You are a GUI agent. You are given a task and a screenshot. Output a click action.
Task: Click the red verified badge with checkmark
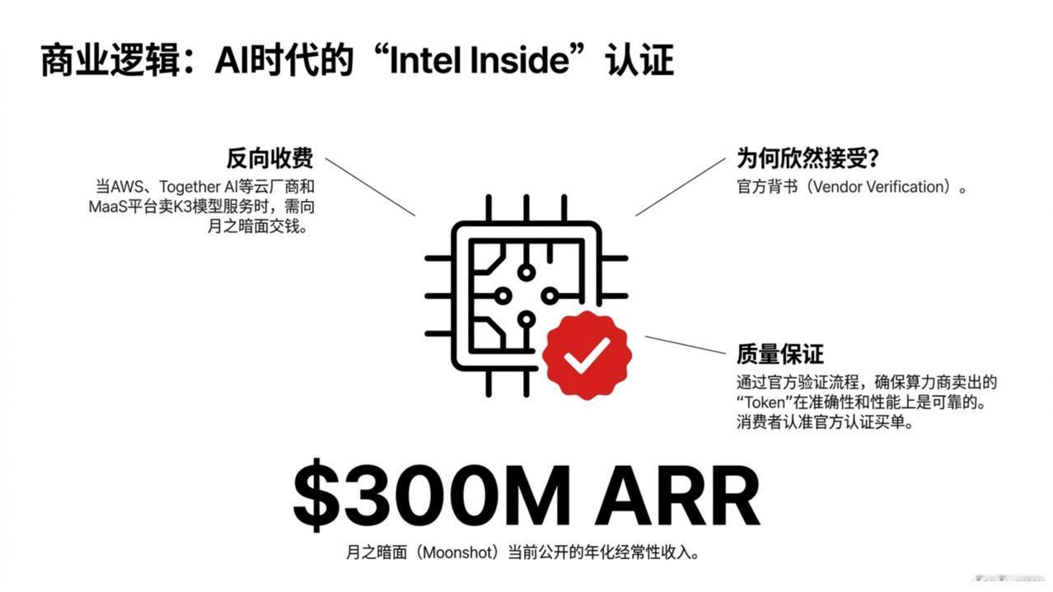587,355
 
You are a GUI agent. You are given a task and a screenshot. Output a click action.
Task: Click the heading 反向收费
269,158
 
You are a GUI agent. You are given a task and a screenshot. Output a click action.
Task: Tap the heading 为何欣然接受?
807,158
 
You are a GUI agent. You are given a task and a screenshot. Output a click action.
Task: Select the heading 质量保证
780,354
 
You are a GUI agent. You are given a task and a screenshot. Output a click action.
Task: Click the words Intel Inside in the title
480,60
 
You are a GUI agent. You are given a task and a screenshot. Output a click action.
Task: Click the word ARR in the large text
677,496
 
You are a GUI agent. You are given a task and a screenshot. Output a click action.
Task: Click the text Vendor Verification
878,187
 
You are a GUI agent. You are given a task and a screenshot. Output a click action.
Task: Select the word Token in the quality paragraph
764,403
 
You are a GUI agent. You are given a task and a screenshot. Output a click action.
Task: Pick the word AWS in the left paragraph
126,187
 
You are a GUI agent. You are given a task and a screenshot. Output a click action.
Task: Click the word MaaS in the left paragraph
108,207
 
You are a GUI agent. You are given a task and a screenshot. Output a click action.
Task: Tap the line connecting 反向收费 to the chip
371,187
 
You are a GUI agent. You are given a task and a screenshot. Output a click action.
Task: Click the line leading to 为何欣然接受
681,187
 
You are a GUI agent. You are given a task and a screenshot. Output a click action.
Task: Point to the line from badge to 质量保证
686,345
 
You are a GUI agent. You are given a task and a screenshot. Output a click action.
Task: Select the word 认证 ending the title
639,60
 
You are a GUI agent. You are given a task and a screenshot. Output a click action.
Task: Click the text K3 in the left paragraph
182,207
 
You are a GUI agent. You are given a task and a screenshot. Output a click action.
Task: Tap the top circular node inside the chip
526,273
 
